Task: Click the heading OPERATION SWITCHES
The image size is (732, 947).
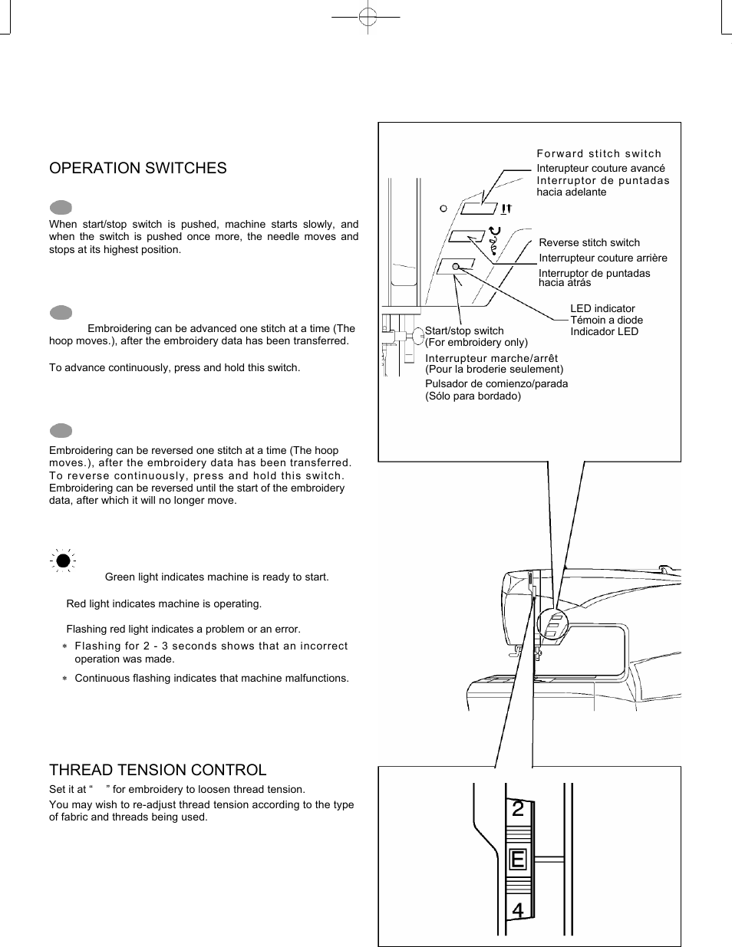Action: tap(138, 168)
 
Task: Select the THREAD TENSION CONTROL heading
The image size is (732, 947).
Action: tap(158, 770)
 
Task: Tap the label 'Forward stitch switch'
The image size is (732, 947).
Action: tap(598, 153)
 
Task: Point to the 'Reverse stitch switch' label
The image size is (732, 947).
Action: tap(589, 242)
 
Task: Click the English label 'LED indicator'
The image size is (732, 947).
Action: tap(602, 308)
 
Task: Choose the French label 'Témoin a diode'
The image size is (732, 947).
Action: tap(606, 320)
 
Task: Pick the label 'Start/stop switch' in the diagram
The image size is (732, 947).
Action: tap(464, 330)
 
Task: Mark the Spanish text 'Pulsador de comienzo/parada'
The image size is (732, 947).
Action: tap(496, 383)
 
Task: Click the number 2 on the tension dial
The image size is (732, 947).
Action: tap(518, 808)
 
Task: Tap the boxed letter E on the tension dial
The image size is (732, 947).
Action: tap(518, 860)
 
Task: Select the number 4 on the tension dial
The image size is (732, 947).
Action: tap(518, 911)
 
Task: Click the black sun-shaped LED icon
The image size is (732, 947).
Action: tap(62, 561)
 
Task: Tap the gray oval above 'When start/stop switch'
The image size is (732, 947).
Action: tap(61, 207)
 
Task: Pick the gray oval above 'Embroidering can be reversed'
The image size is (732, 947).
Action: tap(61, 431)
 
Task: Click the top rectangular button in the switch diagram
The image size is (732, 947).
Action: tap(479, 208)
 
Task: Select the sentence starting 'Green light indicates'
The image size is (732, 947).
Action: tap(216, 577)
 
